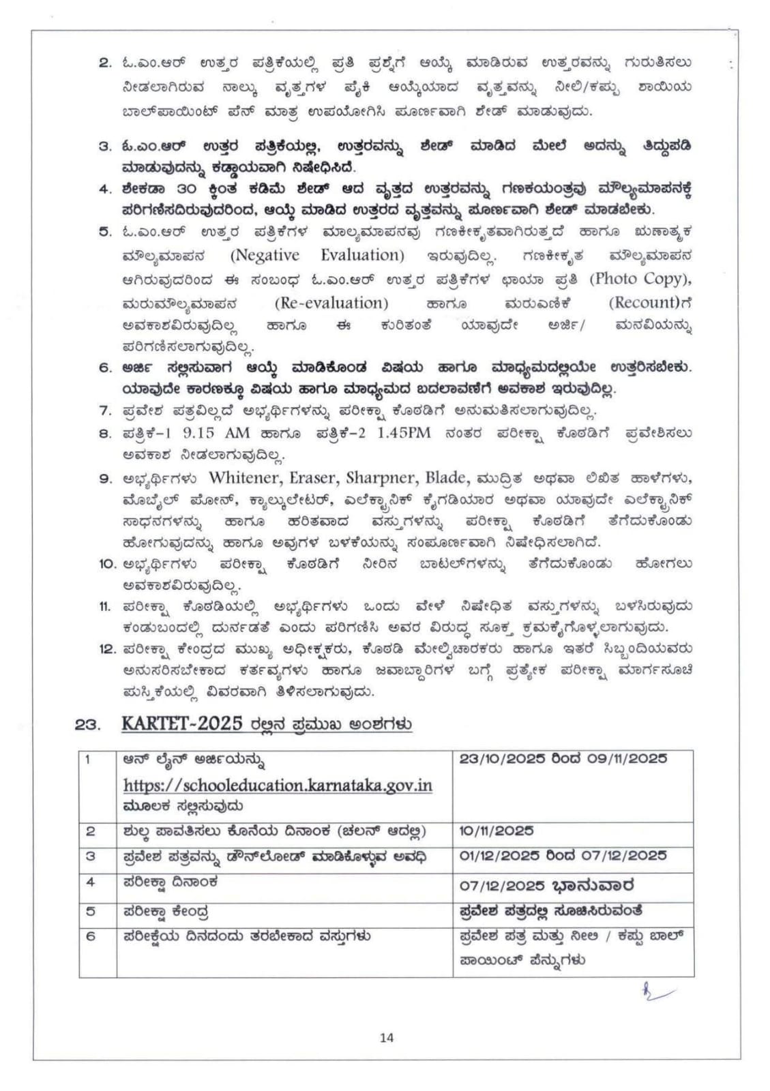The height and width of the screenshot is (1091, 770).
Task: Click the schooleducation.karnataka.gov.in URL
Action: [278, 785]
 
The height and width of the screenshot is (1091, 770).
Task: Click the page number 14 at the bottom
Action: [387, 1038]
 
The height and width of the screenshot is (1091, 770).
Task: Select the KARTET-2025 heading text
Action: [182, 723]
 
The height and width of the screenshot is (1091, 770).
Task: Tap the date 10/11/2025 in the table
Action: [497, 831]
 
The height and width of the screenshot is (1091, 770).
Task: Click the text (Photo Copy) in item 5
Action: [640, 278]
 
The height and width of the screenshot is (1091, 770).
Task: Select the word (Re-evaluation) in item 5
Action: [331, 302]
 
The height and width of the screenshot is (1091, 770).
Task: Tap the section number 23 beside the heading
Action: [88, 725]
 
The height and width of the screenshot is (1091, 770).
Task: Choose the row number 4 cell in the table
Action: [91, 882]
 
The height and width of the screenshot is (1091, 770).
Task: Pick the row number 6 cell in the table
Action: [91, 936]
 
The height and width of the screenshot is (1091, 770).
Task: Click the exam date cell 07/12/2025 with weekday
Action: [547, 885]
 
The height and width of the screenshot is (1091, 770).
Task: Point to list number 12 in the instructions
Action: [108, 648]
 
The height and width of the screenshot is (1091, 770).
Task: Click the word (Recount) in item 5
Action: [645, 302]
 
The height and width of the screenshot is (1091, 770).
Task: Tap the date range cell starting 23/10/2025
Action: [563, 759]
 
